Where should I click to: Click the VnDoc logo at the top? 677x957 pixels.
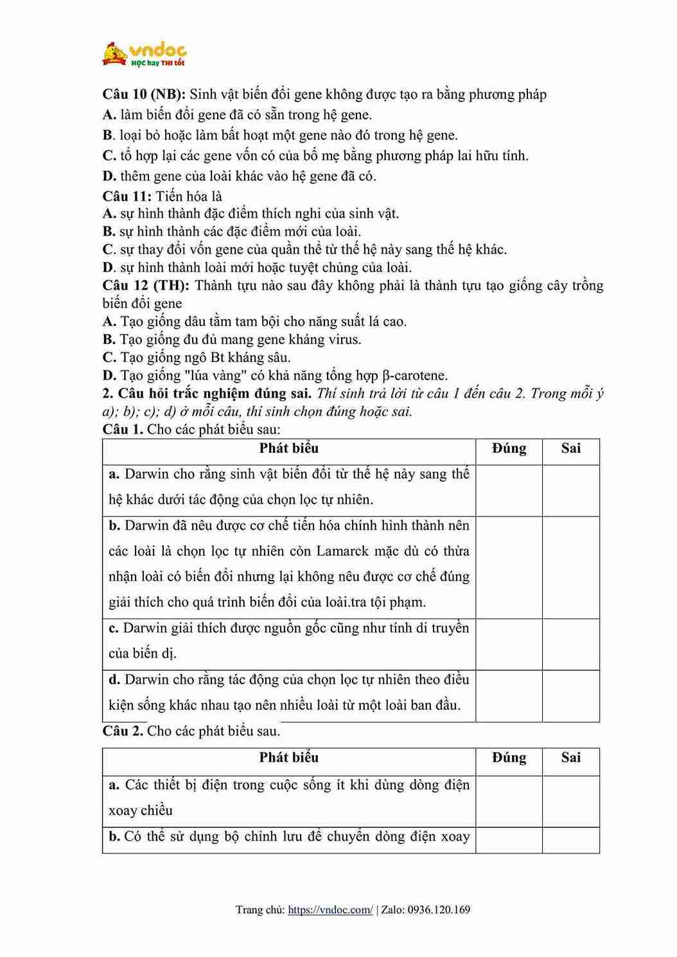tap(145, 54)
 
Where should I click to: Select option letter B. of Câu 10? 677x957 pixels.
tap(108, 135)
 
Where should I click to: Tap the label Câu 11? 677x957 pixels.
tap(127, 196)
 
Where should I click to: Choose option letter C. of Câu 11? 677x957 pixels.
tap(108, 249)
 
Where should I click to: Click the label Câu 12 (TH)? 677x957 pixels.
tap(145, 285)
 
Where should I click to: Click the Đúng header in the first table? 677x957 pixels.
tap(509, 448)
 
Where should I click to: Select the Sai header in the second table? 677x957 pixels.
tap(570, 757)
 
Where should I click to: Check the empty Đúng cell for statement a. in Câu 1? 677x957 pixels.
tap(509, 490)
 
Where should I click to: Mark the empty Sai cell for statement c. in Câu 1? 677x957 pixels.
tap(570, 644)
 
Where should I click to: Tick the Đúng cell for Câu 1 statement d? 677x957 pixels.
tap(509, 696)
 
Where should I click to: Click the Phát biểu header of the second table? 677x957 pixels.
tap(288, 757)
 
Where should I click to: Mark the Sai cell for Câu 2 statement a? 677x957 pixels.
tap(570, 800)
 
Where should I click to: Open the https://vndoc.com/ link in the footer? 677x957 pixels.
tap(330, 909)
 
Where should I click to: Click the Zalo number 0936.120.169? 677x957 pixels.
tap(439, 909)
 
